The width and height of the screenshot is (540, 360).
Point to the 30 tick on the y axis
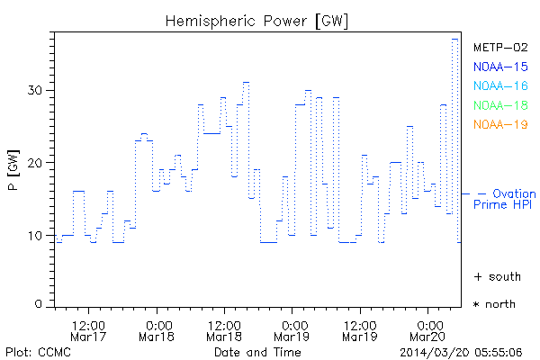(x=35, y=90)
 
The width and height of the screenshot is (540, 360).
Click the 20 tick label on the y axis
(x=35, y=163)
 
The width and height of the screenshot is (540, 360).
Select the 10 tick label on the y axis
(x=35, y=236)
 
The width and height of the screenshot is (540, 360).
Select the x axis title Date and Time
(x=257, y=352)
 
